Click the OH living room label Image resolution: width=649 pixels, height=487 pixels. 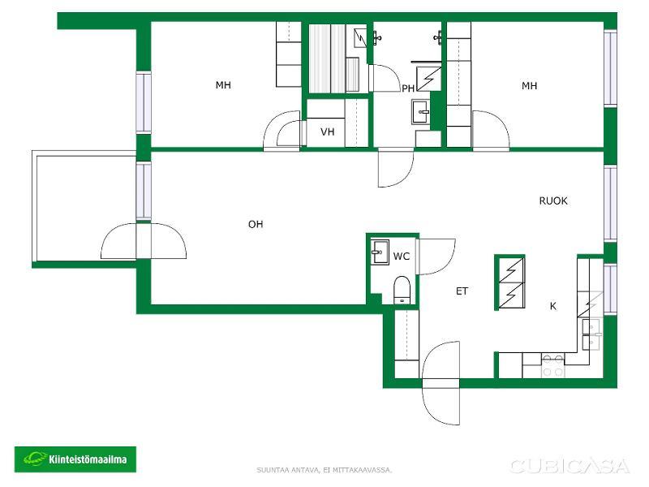[x=256, y=224]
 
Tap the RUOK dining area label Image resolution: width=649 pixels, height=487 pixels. [x=553, y=200]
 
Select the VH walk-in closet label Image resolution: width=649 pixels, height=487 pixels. [x=327, y=132]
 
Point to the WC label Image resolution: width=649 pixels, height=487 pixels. [x=401, y=256]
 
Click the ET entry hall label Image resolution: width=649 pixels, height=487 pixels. [x=462, y=291]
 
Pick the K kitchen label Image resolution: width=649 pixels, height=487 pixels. [x=553, y=306]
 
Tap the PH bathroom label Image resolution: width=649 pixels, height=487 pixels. [x=408, y=88]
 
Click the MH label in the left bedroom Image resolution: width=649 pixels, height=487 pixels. [x=223, y=85]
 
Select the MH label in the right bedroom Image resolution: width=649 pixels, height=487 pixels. [x=530, y=86]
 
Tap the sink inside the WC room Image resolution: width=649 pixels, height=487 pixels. [x=380, y=252]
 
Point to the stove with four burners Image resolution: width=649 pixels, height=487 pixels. [x=552, y=365]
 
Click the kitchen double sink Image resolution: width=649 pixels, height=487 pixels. [x=591, y=334]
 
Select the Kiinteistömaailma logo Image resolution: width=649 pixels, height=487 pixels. [x=75, y=459]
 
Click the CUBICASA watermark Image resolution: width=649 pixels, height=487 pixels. [x=569, y=466]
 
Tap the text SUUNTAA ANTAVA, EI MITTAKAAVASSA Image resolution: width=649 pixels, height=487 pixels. [x=324, y=470]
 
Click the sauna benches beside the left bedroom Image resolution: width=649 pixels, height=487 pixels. [x=327, y=58]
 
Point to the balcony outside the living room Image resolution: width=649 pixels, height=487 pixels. [x=84, y=208]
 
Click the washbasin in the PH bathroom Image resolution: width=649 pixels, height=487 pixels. [x=421, y=111]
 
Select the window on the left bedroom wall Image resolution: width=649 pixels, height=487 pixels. [x=144, y=103]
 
